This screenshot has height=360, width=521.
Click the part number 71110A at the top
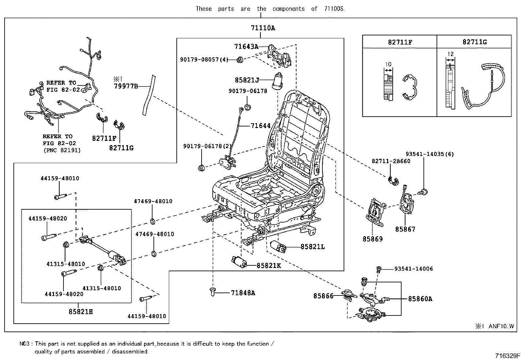[263, 28]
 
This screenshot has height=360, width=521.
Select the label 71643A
[246, 47]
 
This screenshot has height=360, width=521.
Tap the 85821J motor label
[247, 80]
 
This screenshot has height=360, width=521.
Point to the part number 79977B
[126, 86]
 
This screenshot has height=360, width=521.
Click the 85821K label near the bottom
[269, 266]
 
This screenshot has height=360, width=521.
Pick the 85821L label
[313, 247]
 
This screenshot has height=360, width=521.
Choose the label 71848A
[243, 293]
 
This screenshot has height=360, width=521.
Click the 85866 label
[323, 296]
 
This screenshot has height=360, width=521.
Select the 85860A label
[420, 299]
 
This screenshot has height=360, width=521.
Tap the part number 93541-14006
[413, 269]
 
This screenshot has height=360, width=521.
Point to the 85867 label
[405, 229]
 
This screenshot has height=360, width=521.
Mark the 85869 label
[372, 239]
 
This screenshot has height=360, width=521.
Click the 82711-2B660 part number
[391, 161]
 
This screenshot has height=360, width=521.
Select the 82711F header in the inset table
[400, 42]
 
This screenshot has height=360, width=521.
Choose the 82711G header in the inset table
[475, 42]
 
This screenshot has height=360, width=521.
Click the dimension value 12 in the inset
[451, 54]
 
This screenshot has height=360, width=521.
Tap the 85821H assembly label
[81, 312]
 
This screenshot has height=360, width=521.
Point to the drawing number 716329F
[507, 356]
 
